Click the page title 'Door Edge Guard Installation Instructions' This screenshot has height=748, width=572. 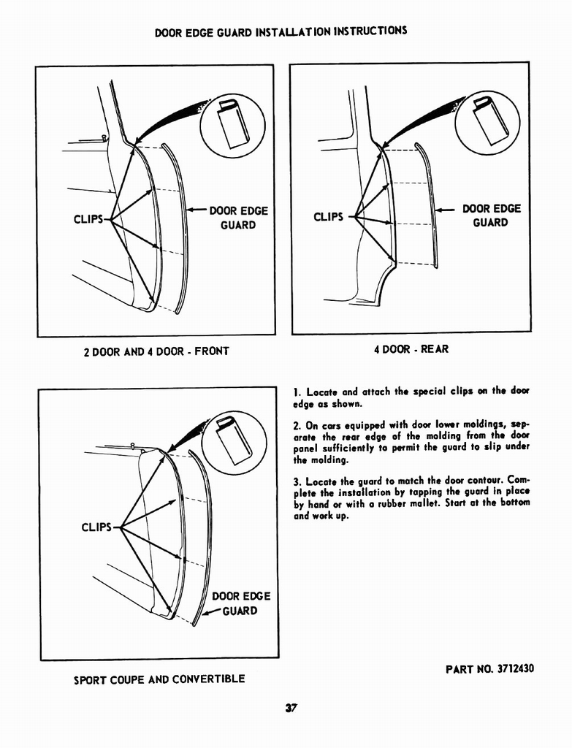tap(281, 32)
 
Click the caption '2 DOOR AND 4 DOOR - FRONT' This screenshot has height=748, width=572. tap(156, 351)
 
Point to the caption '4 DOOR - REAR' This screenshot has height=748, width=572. tap(411, 349)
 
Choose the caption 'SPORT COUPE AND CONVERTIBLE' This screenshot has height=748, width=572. tap(159, 679)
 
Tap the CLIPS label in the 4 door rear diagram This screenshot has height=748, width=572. tap(328, 216)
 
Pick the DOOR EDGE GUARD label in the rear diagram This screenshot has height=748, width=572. tap(491, 215)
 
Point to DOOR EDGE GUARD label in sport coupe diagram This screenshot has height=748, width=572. tap(240, 603)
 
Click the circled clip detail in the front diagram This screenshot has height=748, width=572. tap(232, 126)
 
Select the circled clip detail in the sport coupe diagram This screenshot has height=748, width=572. tap(234, 443)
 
